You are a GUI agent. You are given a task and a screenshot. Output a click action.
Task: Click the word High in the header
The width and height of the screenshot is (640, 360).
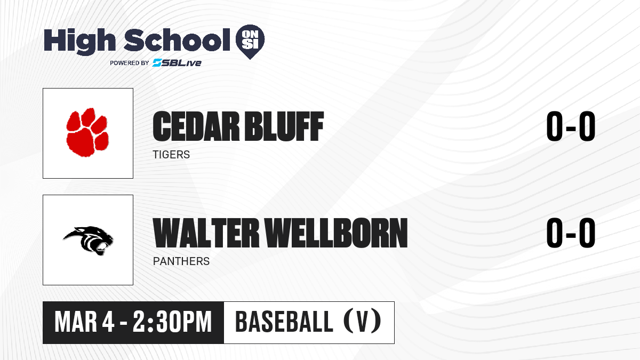click(79, 42)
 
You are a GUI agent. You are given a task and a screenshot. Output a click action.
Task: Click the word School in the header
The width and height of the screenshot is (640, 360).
click(177, 40)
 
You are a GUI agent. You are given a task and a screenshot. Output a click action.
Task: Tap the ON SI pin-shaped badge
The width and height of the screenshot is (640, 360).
click(250, 42)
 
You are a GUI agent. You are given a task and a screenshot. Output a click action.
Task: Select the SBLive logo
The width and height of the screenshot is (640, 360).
click(177, 63)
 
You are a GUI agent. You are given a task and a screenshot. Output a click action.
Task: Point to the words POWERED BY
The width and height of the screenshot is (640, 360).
click(130, 63)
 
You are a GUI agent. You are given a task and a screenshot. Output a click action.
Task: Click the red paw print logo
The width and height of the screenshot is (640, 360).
click(87, 132)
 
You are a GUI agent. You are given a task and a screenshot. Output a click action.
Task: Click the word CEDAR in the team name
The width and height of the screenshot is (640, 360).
click(196, 126)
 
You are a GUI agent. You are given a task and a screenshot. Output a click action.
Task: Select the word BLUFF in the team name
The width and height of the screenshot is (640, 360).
click(284, 126)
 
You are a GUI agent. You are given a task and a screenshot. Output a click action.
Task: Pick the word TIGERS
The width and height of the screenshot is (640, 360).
click(171, 155)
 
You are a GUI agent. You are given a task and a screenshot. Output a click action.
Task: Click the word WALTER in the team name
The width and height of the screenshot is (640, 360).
click(206, 233)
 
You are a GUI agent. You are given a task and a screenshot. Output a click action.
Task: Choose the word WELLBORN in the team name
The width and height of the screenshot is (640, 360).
click(337, 233)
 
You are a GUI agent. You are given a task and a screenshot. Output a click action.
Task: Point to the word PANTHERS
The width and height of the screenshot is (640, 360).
click(181, 261)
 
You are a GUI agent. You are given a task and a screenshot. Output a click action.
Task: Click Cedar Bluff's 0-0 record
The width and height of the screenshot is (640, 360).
click(571, 126)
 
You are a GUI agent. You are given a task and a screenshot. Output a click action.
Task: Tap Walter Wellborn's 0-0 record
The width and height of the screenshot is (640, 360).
click(571, 233)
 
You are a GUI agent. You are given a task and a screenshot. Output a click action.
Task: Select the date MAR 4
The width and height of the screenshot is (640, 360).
click(85, 322)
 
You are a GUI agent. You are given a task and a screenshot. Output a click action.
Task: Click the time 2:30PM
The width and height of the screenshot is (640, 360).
click(172, 322)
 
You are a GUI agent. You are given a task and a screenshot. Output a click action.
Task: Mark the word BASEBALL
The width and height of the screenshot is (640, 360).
click(284, 322)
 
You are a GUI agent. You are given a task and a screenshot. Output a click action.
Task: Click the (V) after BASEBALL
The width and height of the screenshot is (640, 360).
click(362, 322)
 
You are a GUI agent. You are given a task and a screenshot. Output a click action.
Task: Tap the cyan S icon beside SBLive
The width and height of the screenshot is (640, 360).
click(157, 63)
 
